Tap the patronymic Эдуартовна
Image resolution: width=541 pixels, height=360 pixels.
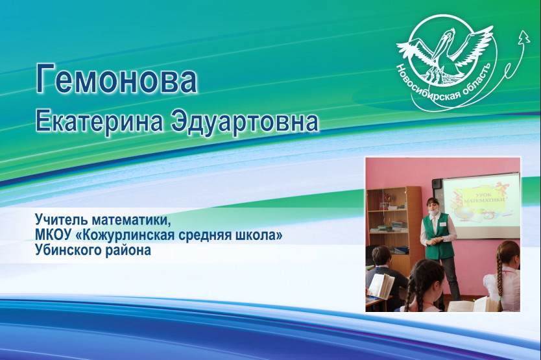[245, 122]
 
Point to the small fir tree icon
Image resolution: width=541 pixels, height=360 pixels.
[524, 36]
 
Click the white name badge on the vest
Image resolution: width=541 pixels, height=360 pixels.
[442, 224]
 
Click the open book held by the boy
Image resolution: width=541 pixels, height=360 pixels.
[380, 286]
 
